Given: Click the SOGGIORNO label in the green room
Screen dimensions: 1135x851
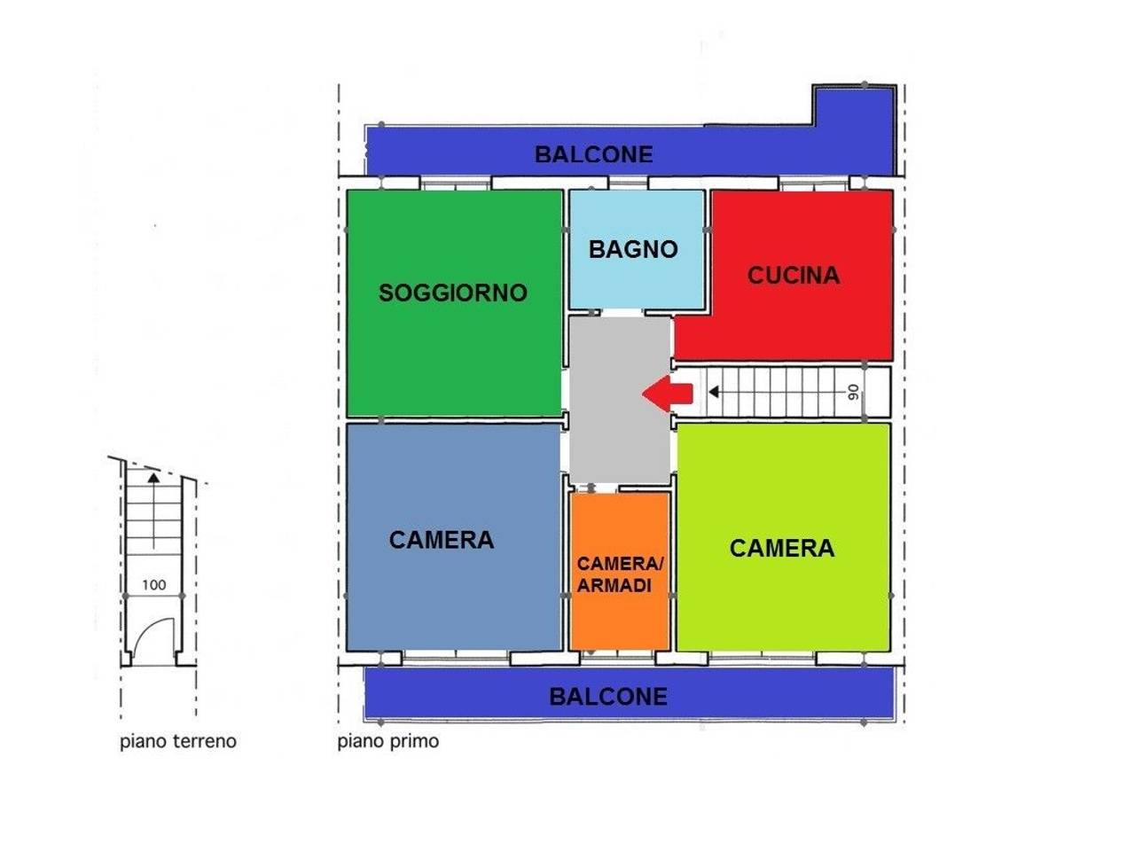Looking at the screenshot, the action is point(452,293).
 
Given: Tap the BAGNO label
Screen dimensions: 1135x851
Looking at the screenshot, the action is point(633,250).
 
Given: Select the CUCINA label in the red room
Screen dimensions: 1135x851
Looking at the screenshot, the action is point(794,276).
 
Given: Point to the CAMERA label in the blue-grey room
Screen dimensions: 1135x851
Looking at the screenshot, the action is point(441,540).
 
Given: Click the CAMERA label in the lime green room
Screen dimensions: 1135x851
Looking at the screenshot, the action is point(782,548).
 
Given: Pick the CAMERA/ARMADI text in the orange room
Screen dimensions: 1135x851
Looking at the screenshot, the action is point(620,574).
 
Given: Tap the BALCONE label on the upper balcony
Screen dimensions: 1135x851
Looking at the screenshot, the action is point(593,154).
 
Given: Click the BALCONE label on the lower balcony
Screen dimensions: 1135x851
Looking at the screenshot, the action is point(608,697).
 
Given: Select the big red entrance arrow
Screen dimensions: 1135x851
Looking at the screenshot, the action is point(668,394).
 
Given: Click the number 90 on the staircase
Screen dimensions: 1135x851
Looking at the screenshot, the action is point(854,392).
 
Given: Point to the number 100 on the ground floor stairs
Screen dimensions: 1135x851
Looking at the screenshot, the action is point(153,585).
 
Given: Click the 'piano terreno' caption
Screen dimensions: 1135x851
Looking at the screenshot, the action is point(178,741).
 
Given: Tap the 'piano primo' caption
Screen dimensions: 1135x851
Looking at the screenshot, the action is point(388,741).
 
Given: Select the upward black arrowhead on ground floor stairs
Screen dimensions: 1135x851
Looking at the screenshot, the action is point(153,477).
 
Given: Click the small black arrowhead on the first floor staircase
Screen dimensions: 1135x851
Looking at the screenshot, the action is point(714,392).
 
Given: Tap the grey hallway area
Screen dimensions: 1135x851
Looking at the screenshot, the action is point(620,401).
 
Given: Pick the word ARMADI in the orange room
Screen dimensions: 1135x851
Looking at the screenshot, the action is point(614,585).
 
